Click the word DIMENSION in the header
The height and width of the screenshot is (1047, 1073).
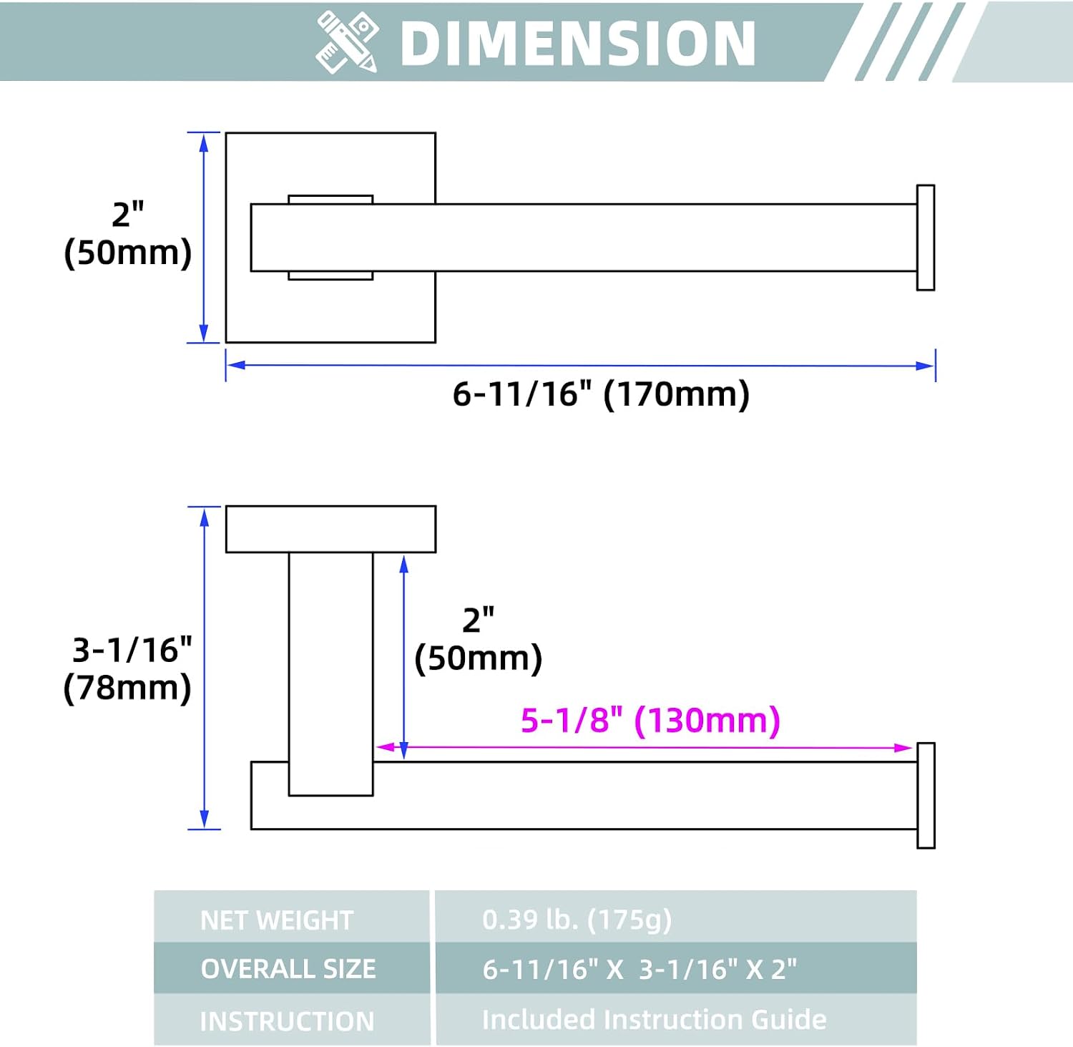tap(578, 43)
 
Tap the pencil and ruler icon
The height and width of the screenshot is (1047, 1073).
tap(347, 42)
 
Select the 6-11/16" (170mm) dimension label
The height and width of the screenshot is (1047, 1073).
tap(601, 394)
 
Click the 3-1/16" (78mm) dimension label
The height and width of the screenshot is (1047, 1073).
tap(128, 669)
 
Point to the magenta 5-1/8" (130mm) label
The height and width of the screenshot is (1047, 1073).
tap(650, 720)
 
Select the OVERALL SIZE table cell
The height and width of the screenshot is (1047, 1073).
tap(292, 968)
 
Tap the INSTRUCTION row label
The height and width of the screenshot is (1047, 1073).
tap(287, 1021)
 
